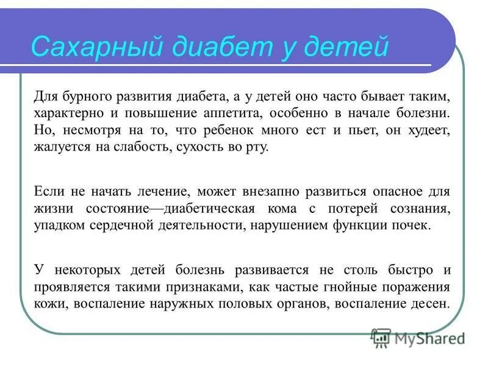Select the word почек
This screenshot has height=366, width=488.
(x=412, y=226)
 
